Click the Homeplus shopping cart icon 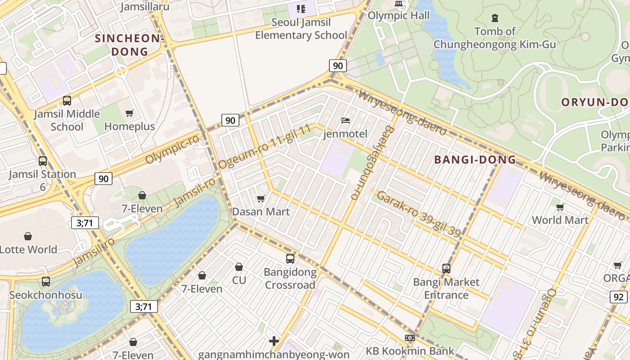click(130, 113)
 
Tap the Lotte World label click(29, 249)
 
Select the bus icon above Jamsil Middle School click(67, 101)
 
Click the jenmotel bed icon click(346, 120)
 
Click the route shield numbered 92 click(619, 297)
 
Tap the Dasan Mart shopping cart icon click(261, 198)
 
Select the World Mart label click(560, 220)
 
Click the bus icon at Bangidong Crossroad click(290, 259)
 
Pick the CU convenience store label click(239, 280)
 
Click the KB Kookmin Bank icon click(409, 338)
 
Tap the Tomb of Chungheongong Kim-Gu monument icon click(495, 18)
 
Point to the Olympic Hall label click(398, 16)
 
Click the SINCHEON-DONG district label click(130, 45)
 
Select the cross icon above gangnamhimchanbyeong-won click(274, 341)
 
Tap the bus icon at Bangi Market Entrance click(446, 269)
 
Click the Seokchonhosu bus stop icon click(46, 282)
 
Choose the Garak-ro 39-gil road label click(418, 214)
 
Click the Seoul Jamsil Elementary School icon click(301, 9)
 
